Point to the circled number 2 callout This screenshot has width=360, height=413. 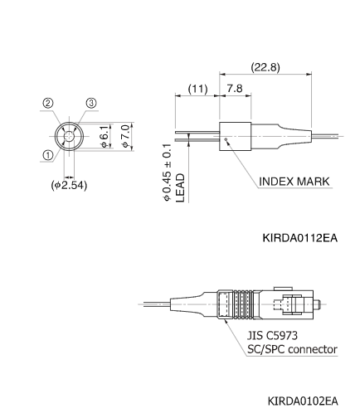click(x=49, y=104)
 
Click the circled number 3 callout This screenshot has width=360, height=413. click(x=92, y=104)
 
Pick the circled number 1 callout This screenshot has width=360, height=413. click(x=49, y=154)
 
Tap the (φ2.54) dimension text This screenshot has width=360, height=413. click(x=69, y=184)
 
